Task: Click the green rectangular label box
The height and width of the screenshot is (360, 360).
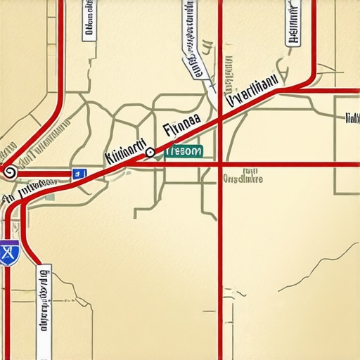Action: [x=184, y=150]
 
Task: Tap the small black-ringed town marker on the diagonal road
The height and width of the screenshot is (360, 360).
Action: [x=150, y=152]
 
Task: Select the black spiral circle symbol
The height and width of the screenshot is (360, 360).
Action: [x=9, y=171]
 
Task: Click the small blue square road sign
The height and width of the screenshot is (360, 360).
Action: [x=78, y=173]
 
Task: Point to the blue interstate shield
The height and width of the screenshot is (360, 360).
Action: [x=9, y=252]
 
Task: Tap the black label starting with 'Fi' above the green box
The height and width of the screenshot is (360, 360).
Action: [x=181, y=128]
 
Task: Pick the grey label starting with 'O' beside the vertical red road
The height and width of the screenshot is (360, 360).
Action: [x=243, y=179]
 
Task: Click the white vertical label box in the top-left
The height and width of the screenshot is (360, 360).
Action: [x=89, y=20]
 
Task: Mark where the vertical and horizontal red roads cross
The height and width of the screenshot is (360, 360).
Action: [x=220, y=165]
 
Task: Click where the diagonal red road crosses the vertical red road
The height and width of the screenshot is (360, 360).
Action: [x=220, y=120]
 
